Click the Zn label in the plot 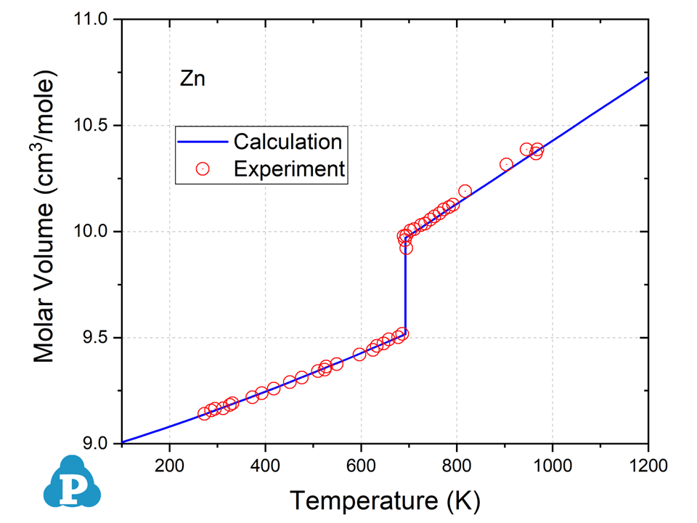click(x=192, y=79)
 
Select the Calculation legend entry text click(x=288, y=140)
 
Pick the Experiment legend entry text click(x=289, y=169)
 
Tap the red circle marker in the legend click(x=203, y=169)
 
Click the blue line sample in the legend click(x=203, y=140)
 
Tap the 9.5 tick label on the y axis click(x=96, y=338)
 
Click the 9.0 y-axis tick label click(x=96, y=443)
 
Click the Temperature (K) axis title click(x=386, y=500)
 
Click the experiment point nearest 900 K click(x=507, y=164)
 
